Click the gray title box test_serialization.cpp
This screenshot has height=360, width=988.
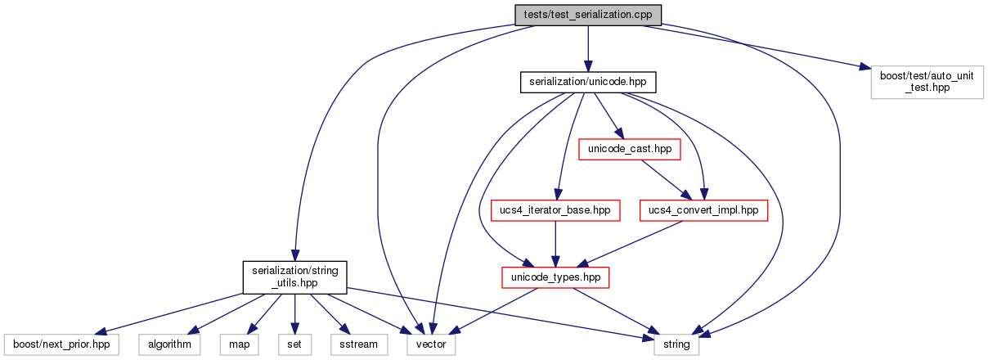click(x=587, y=15)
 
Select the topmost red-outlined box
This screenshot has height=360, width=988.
click(x=629, y=149)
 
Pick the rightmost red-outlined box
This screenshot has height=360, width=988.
click(x=703, y=210)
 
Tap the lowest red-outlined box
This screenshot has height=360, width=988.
click(x=555, y=277)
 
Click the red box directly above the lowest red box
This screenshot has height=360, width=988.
click(x=555, y=210)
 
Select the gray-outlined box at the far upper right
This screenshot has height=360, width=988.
click(x=927, y=83)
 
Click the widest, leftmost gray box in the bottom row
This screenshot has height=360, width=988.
click(x=61, y=344)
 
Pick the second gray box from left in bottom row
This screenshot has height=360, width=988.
click(x=169, y=344)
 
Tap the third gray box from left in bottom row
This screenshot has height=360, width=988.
click(x=239, y=344)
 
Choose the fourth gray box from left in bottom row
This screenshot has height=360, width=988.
click(x=294, y=344)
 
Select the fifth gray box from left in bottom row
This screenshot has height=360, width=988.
click(x=359, y=344)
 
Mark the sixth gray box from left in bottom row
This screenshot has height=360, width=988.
click(x=431, y=344)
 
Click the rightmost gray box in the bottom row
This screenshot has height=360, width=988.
click(x=676, y=344)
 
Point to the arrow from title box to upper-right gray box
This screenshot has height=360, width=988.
click(x=752, y=47)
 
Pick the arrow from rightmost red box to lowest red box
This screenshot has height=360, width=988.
click(x=630, y=244)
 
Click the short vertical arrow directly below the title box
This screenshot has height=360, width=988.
click(x=587, y=49)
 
